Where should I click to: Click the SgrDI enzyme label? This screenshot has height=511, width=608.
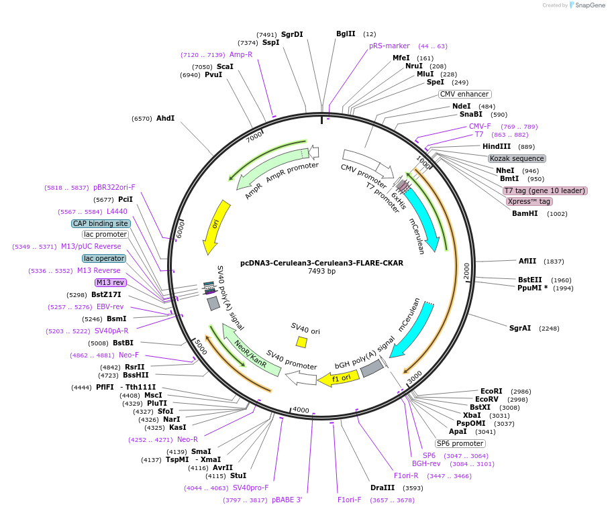292,34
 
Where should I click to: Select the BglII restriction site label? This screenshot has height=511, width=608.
346,34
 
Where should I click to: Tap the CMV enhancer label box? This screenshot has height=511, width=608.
464,95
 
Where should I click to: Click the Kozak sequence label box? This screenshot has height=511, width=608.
517,158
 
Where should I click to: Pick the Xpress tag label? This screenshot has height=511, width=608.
529,201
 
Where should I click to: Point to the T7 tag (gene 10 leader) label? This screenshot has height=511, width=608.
545,190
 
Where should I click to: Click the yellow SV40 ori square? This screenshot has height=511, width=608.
302,342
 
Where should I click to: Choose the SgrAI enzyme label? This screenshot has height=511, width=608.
520,328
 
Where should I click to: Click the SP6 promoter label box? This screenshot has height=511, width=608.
460,443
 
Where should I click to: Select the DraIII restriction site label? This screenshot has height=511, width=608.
383,488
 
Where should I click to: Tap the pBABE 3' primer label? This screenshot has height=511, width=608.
287,500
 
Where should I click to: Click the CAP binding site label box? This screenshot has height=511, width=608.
101,223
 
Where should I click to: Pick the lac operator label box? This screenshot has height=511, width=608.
104,258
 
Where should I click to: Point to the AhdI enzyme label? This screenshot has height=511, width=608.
165,118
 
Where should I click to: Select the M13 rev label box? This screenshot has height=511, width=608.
110,282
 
